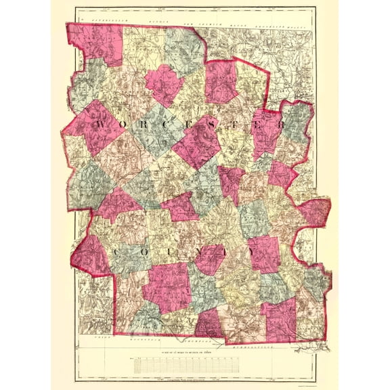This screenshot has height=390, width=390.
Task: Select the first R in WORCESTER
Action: point(147,126)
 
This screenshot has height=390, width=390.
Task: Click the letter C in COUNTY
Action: point(120,253)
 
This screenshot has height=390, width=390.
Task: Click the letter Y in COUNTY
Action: point(251,252)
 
